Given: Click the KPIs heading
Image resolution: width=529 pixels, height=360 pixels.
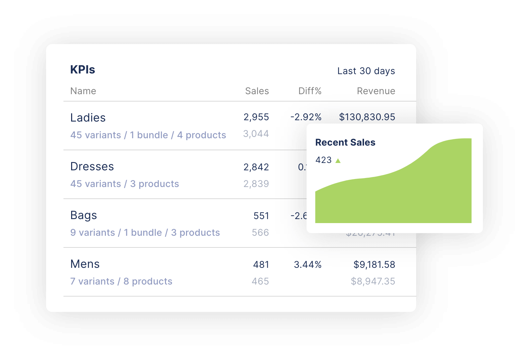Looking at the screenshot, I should coord(82,69).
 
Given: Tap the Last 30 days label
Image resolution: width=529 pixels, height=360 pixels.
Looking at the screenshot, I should coord(366,71).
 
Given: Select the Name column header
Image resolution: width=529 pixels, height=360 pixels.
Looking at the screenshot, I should coord(83,91).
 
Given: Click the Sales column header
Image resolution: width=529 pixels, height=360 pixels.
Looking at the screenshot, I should coord(257,91).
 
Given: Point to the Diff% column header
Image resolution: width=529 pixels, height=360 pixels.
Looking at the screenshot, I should coord(310,91).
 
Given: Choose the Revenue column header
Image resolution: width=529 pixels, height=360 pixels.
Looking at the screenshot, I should coord(376,91).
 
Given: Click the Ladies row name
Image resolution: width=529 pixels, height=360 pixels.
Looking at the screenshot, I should coord(88,118).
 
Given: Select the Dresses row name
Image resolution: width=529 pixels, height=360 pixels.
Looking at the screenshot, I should coord(92,166).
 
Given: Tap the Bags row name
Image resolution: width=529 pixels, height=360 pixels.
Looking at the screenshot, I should coord(83,215).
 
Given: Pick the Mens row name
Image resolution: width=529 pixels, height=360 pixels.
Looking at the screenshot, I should coord(85,264).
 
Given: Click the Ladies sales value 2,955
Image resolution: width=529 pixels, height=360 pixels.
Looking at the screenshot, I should coord(256,117).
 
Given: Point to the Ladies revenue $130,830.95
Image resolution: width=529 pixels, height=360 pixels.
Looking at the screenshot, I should coord(367,117).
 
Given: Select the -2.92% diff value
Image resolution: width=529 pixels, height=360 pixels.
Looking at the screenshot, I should coord(306,117).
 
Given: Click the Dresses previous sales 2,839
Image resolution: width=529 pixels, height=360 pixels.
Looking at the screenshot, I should coord(256,184).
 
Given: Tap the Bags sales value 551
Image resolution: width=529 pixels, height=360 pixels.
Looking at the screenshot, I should coord(261,216).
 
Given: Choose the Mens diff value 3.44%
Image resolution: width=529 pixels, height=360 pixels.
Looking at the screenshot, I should coord(308,264).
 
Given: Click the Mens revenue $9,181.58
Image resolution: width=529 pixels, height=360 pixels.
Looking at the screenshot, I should coord(374,264).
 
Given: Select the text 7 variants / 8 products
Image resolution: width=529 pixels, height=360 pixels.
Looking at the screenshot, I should coord(121,281).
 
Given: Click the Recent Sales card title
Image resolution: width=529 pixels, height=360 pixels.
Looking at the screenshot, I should coord(345,142).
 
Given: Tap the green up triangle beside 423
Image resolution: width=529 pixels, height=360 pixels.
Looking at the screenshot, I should coord(338,161).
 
